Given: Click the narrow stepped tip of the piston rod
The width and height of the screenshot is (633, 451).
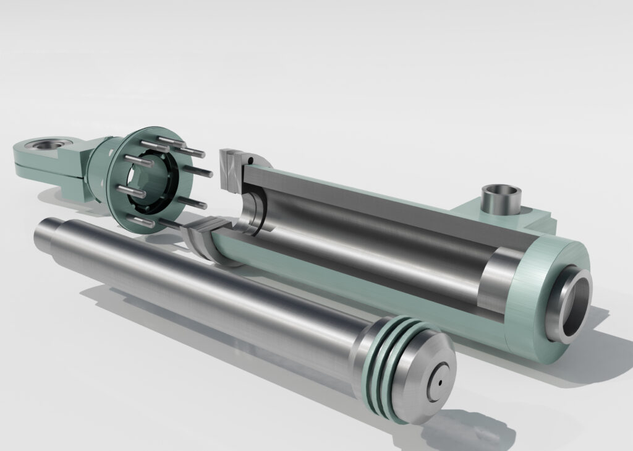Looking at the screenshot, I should pos(45,231).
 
